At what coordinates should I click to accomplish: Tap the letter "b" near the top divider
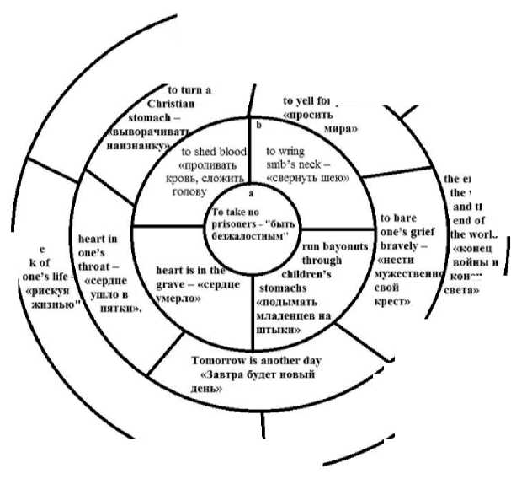point(259,125)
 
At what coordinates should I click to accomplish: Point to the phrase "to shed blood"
point(214,152)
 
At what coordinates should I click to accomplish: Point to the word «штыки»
point(283,331)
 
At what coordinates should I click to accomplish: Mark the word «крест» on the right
point(394,301)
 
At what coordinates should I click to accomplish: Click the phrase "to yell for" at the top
point(309,101)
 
